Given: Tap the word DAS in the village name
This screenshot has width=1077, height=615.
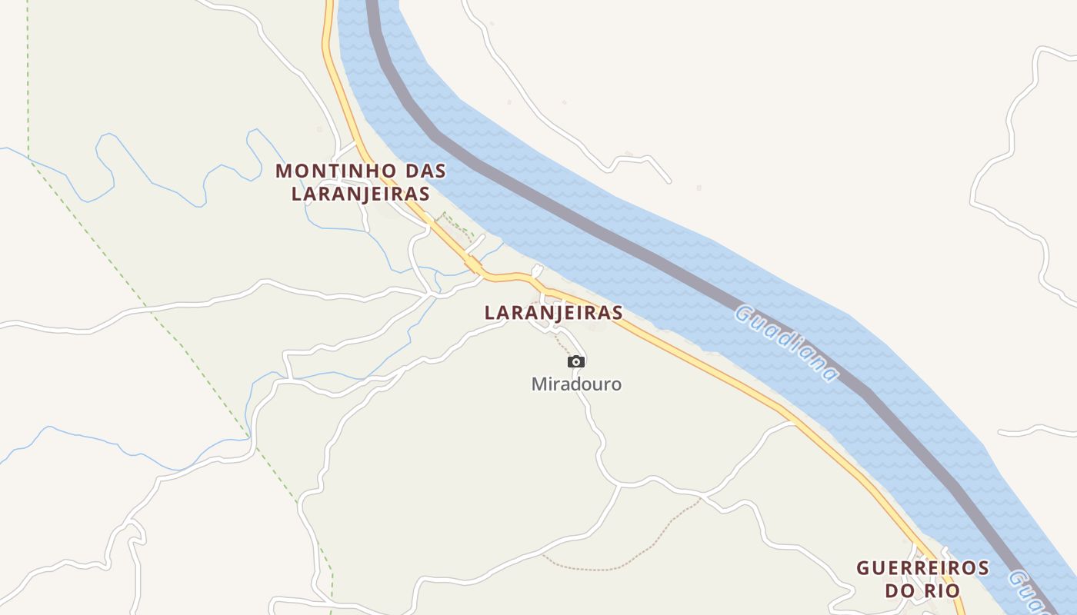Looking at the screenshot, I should pos(424,171).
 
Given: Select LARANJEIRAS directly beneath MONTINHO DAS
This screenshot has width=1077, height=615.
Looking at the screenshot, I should pos(360,194).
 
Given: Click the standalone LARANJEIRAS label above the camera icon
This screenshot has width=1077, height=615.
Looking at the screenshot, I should pos(553,313).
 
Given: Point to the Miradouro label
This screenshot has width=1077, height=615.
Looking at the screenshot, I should pos(576,384).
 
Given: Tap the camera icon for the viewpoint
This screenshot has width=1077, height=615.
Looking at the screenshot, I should pos(576,362).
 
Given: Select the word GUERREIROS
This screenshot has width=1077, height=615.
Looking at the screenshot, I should pos(922,568).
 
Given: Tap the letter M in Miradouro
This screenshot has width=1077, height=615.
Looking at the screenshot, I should pos(538,384).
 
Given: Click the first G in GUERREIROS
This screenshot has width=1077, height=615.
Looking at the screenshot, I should pos(863,568).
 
